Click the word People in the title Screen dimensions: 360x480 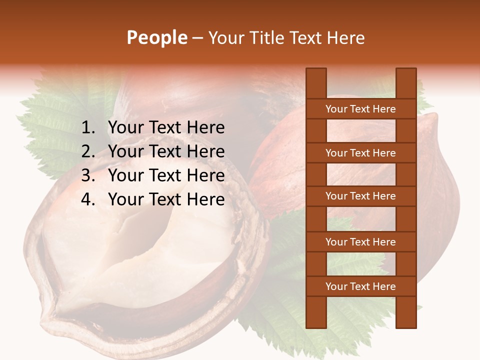[156, 37]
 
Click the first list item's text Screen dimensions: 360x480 [166, 128]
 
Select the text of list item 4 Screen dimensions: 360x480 [166, 199]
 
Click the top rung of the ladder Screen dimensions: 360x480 [360, 109]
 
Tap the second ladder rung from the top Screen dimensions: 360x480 [360, 153]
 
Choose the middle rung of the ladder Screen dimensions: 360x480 [360, 196]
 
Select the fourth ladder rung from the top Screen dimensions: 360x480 [360, 242]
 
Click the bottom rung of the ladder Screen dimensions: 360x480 [360, 286]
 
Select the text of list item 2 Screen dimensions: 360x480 [166, 151]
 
